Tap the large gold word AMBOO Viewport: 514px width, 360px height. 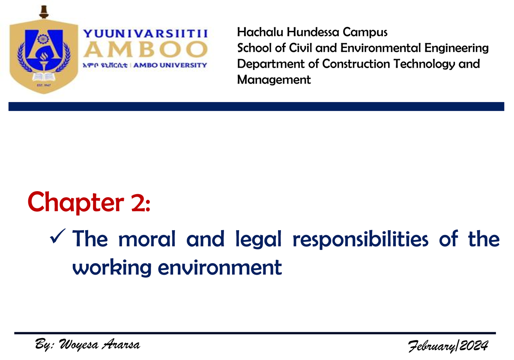[x=145, y=50]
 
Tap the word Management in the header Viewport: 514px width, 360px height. [x=274, y=80]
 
